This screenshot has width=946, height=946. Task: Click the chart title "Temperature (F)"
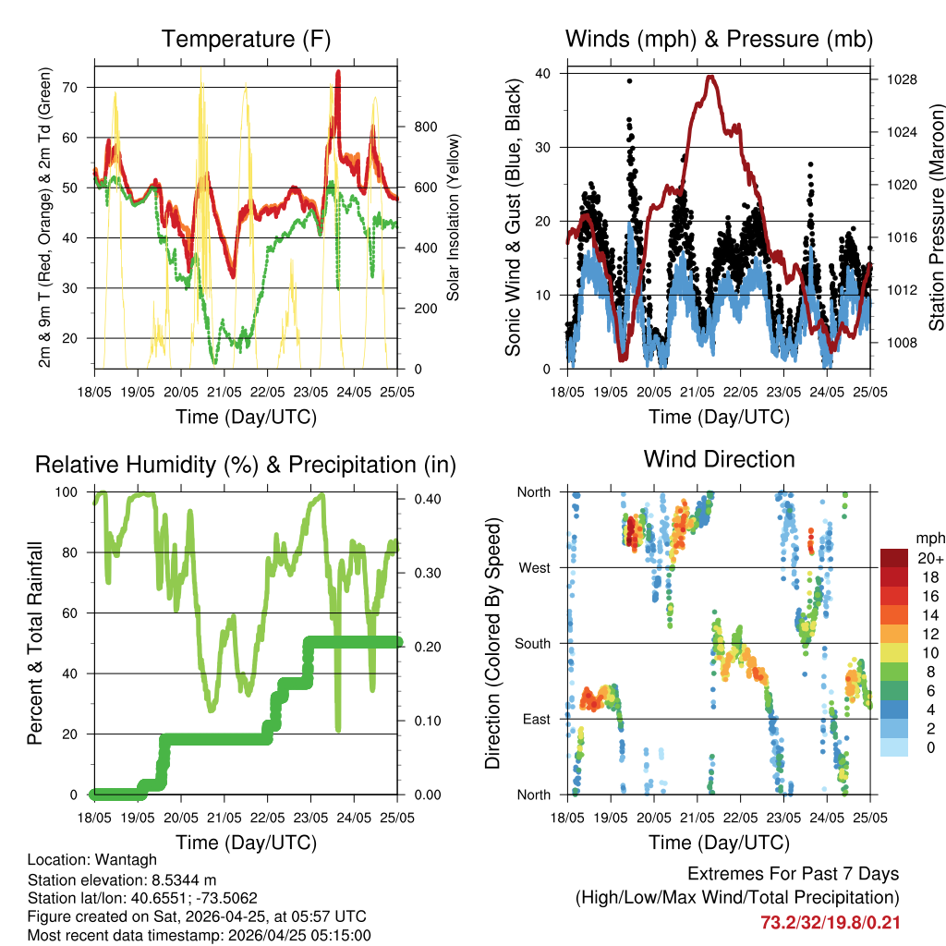(245, 39)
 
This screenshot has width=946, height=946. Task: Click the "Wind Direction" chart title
(719, 459)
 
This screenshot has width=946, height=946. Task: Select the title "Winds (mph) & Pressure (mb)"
(719, 39)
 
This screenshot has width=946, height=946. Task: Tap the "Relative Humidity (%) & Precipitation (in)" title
(245, 465)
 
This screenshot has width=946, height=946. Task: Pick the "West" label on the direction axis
(534, 567)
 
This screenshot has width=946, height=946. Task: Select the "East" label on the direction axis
(536, 719)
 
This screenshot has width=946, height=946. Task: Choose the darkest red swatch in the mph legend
(893, 558)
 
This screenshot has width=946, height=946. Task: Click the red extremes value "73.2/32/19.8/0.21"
(830, 922)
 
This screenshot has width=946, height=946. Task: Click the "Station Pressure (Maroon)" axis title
(935, 217)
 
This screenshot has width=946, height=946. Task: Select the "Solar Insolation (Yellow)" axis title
(453, 217)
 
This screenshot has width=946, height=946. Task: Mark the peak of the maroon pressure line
(709, 77)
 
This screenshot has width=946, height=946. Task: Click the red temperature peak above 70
(338, 72)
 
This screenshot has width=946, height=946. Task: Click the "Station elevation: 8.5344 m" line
(122, 879)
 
